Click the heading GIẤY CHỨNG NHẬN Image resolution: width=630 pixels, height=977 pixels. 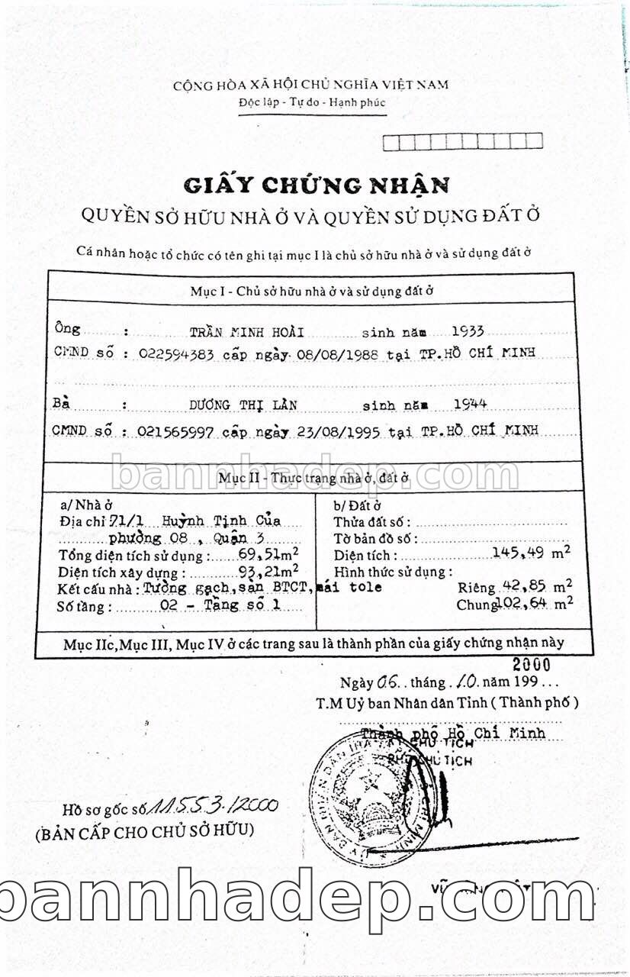316,185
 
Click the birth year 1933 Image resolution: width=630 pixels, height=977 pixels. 468,331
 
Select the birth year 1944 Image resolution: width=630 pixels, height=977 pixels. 471,404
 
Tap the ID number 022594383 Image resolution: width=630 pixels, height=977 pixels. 178,354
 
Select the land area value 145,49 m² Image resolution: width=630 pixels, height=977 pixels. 532,553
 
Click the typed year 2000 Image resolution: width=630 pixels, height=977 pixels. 532,664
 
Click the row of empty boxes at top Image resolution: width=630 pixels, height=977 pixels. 462,141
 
